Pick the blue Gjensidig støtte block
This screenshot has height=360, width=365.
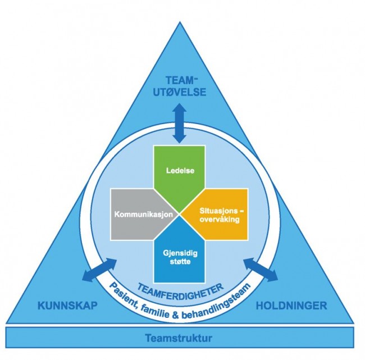180,254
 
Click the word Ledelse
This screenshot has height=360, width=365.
180,171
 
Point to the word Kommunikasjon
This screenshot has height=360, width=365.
143,214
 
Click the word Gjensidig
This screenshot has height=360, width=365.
180,253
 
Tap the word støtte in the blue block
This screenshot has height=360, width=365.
180,262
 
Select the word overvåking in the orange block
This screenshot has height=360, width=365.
220,220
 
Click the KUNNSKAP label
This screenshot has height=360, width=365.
67,306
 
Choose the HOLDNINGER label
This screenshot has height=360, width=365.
291,306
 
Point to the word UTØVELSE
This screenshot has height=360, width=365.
180,92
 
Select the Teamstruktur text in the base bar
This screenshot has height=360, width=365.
179,338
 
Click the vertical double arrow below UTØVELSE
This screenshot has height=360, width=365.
180,123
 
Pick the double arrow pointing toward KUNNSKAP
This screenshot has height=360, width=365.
99,270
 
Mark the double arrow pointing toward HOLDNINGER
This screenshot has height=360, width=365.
260,270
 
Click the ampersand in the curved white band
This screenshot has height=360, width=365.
176,316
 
